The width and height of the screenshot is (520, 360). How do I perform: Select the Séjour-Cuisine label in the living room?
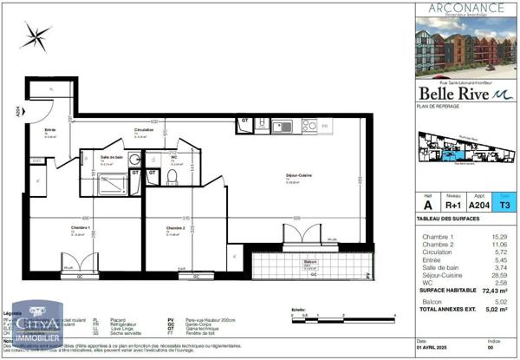click(299, 177)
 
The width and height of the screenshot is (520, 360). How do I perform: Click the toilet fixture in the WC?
click(173, 178)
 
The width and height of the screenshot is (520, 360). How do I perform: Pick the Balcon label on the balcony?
click(310, 262)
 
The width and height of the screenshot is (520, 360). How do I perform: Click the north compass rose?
click(38, 36)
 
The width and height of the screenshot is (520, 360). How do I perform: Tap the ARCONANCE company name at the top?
click(465, 7)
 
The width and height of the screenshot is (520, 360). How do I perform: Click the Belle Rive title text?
click(453, 93)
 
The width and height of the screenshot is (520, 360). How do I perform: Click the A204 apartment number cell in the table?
click(478, 206)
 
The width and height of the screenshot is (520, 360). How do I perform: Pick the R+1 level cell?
click(453, 206)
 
